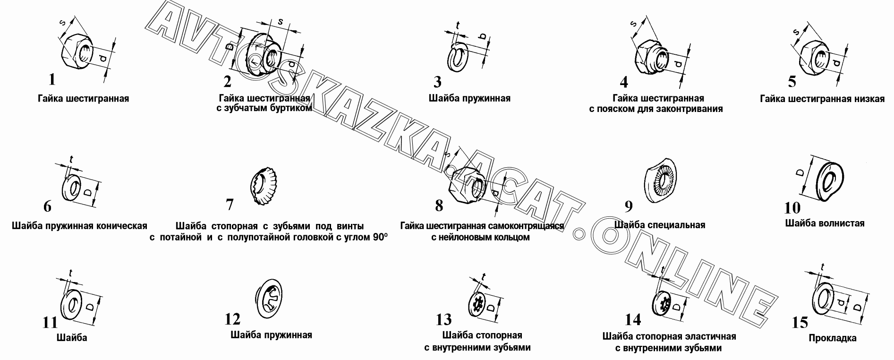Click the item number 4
point(624,82)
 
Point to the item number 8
point(439,206)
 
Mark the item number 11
point(50,322)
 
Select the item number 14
point(633,320)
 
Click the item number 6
point(47,206)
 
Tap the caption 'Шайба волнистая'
point(825,223)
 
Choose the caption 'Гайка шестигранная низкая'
point(822,99)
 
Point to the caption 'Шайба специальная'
point(660,225)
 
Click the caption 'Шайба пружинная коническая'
point(79,225)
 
